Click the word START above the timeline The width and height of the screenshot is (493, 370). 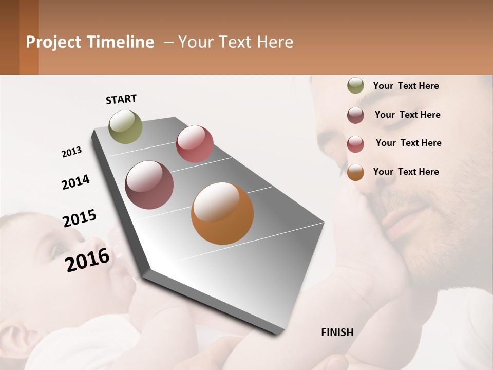coord(121,99)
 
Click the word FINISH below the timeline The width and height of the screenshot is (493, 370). coord(337,332)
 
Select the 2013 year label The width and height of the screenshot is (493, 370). coord(71,152)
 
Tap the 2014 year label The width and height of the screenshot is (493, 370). coord(75,182)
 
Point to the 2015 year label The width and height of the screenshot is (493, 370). coord(80,218)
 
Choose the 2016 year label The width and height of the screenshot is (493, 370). coord(87,260)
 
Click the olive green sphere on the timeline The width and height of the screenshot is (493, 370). coord(126,126)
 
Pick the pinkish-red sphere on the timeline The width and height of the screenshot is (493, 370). coord(195,144)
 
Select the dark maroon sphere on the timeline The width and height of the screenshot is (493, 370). coord(149,185)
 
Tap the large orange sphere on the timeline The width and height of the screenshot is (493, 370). coord(222,213)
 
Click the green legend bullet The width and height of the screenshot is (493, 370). coord(355,86)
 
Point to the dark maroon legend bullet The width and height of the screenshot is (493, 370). coord(355,115)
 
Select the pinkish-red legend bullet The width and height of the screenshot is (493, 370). coord(355,144)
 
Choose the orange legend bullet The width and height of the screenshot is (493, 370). coord(355,172)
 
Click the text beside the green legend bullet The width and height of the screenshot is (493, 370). coord(406,86)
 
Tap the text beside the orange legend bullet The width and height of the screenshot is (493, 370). coord(406,172)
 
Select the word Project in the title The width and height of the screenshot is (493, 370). coord(53,42)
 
